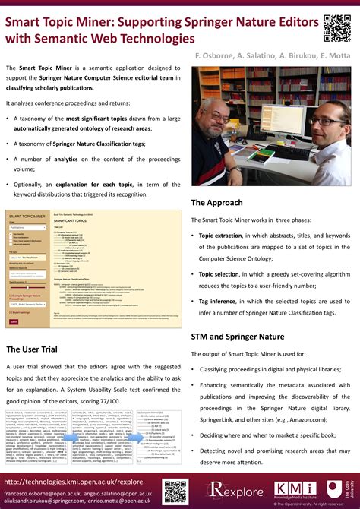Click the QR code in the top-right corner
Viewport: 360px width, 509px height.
(337, 27)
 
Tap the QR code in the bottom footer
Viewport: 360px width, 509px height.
(175, 492)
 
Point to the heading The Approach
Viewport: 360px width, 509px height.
(217, 202)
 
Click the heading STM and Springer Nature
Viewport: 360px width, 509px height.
(238, 335)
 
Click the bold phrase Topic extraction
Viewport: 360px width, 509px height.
(219, 236)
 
